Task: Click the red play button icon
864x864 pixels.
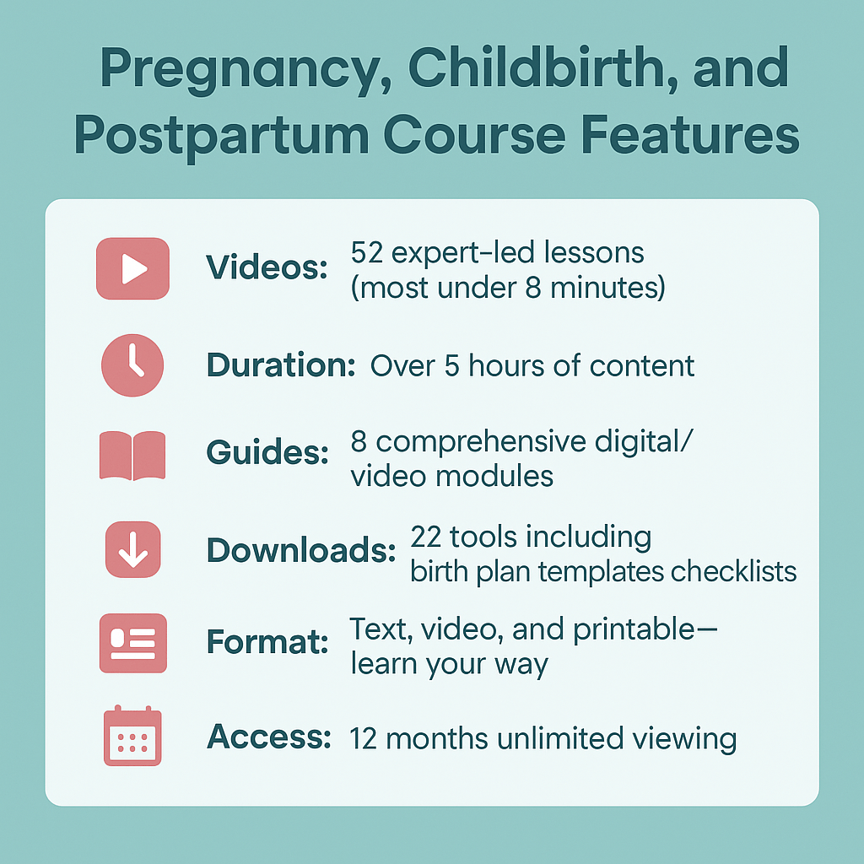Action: tap(132, 269)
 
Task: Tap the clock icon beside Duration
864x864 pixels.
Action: tap(132, 365)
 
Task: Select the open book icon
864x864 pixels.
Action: tap(132, 456)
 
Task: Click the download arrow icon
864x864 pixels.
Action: tap(132, 549)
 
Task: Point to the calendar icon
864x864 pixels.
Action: tap(132, 736)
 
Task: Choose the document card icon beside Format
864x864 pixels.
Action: tap(132, 643)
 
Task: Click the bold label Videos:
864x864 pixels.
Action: tap(267, 267)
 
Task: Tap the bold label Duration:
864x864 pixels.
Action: tap(281, 364)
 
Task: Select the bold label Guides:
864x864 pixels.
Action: tap(267, 453)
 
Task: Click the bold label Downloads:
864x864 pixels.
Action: tap(301, 550)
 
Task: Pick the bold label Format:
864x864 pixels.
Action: tap(267, 642)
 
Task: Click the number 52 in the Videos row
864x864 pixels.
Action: tap(366, 253)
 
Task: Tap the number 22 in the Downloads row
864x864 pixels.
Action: tap(426, 537)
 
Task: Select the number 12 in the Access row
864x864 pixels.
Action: tap(363, 739)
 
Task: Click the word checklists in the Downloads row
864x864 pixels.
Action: tap(733, 571)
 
